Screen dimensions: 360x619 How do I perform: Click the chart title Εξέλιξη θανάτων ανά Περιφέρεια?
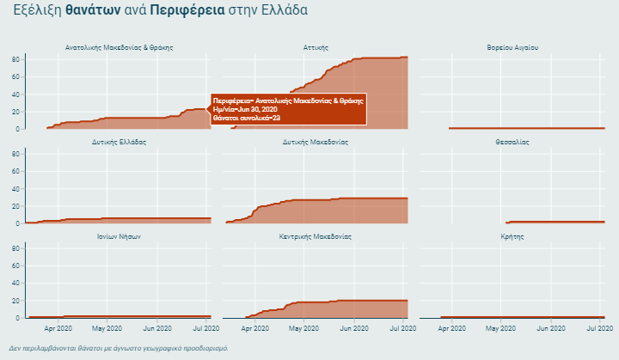point(160,10)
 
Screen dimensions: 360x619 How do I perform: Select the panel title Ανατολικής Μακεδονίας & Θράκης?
point(119,47)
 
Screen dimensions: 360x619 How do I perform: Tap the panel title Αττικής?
point(316,47)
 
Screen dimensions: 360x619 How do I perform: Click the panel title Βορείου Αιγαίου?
point(512,47)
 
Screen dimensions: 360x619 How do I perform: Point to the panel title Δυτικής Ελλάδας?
point(119,142)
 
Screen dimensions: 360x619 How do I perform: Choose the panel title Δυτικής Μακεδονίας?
point(316,142)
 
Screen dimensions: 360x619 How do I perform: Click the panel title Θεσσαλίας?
point(512,142)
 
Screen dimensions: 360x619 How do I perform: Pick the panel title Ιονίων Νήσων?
point(119,236)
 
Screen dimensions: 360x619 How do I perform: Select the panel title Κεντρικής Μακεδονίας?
point(316,236)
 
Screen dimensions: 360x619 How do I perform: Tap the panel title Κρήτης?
point(512,236)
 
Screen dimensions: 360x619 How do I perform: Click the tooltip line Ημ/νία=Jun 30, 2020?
point(245,109)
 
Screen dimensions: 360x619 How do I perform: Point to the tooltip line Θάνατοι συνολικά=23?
point(247,118)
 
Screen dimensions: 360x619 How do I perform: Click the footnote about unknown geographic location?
point(119,349)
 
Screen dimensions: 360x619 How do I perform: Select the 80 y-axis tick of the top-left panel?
point(15,58)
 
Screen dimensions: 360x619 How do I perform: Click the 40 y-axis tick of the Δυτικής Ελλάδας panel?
point(15,188)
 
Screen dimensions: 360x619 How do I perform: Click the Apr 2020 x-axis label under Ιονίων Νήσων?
point(58,328)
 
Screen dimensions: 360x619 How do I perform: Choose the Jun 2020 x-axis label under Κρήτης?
point(551,328)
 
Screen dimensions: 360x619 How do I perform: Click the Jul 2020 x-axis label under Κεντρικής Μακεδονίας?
point(404,328)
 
